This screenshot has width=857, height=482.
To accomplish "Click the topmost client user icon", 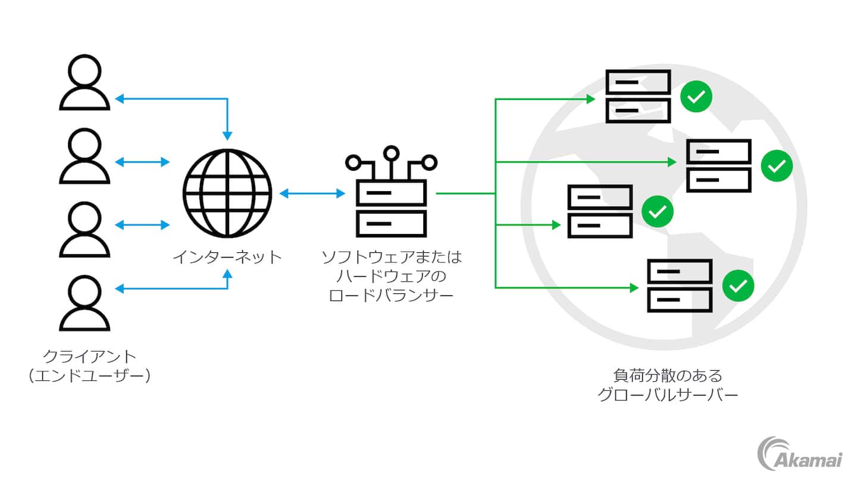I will (x=85, y=83).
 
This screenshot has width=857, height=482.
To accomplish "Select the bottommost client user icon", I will (x=85, y=303).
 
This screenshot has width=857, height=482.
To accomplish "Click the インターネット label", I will (x=227, y=258).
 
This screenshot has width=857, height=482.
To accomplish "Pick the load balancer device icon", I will (x=391, y=196).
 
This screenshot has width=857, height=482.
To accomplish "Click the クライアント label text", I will (x=89, y=356).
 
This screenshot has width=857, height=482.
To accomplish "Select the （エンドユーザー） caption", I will (x=89, y=376).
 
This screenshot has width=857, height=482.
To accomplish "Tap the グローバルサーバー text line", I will (x=667, y=395).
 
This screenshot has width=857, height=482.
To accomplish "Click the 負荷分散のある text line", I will (x=667, y=375).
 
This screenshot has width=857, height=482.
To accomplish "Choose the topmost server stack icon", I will (x=638, y=96).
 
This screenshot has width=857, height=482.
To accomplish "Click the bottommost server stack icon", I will (x=680, y=286).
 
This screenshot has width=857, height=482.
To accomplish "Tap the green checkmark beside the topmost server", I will (x=696, y=96).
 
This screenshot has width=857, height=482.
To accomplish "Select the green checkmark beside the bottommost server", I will (x=738, y=286).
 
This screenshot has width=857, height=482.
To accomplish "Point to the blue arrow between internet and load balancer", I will (x=312, y=193).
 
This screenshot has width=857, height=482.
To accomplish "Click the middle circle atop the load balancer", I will (x=391, y=154).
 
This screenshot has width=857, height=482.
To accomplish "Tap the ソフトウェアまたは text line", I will (x=391, y=258).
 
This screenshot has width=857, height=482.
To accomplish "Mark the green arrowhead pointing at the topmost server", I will (x=591, y=99).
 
